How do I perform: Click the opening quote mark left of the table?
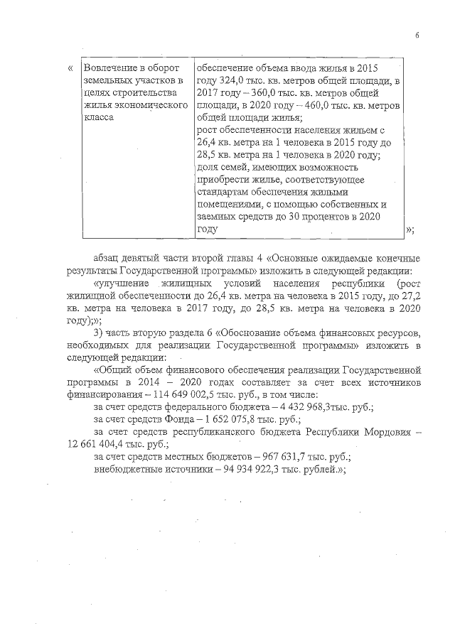point(69,68)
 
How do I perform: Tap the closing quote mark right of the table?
point(409,229)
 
